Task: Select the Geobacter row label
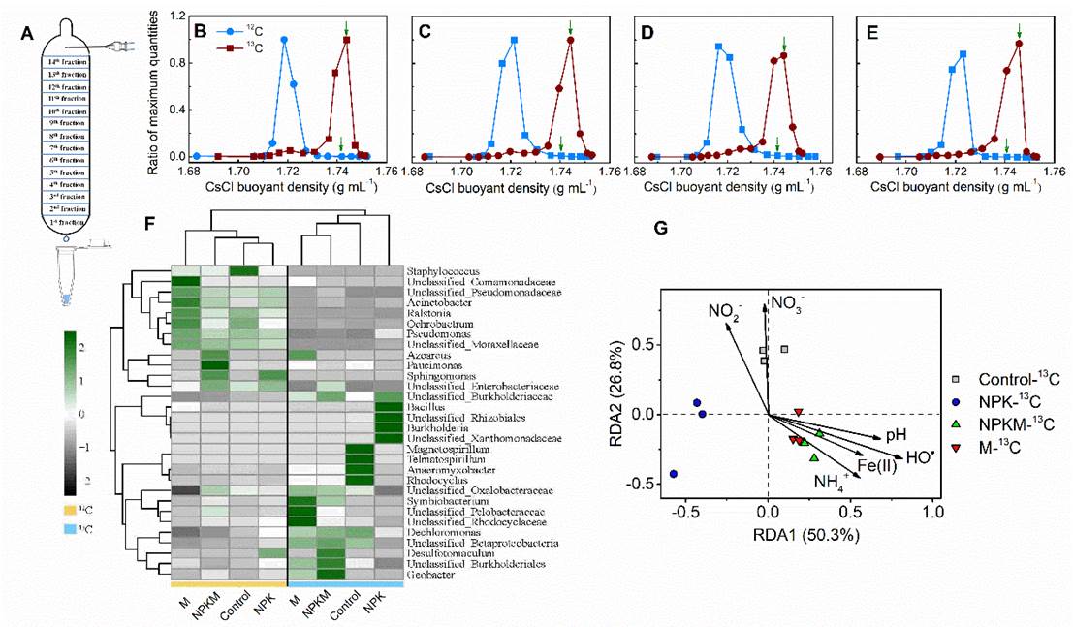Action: [x=426, y=574]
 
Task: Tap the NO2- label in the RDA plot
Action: [x=724, y=311]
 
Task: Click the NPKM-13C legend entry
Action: [x=1005, y=423]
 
